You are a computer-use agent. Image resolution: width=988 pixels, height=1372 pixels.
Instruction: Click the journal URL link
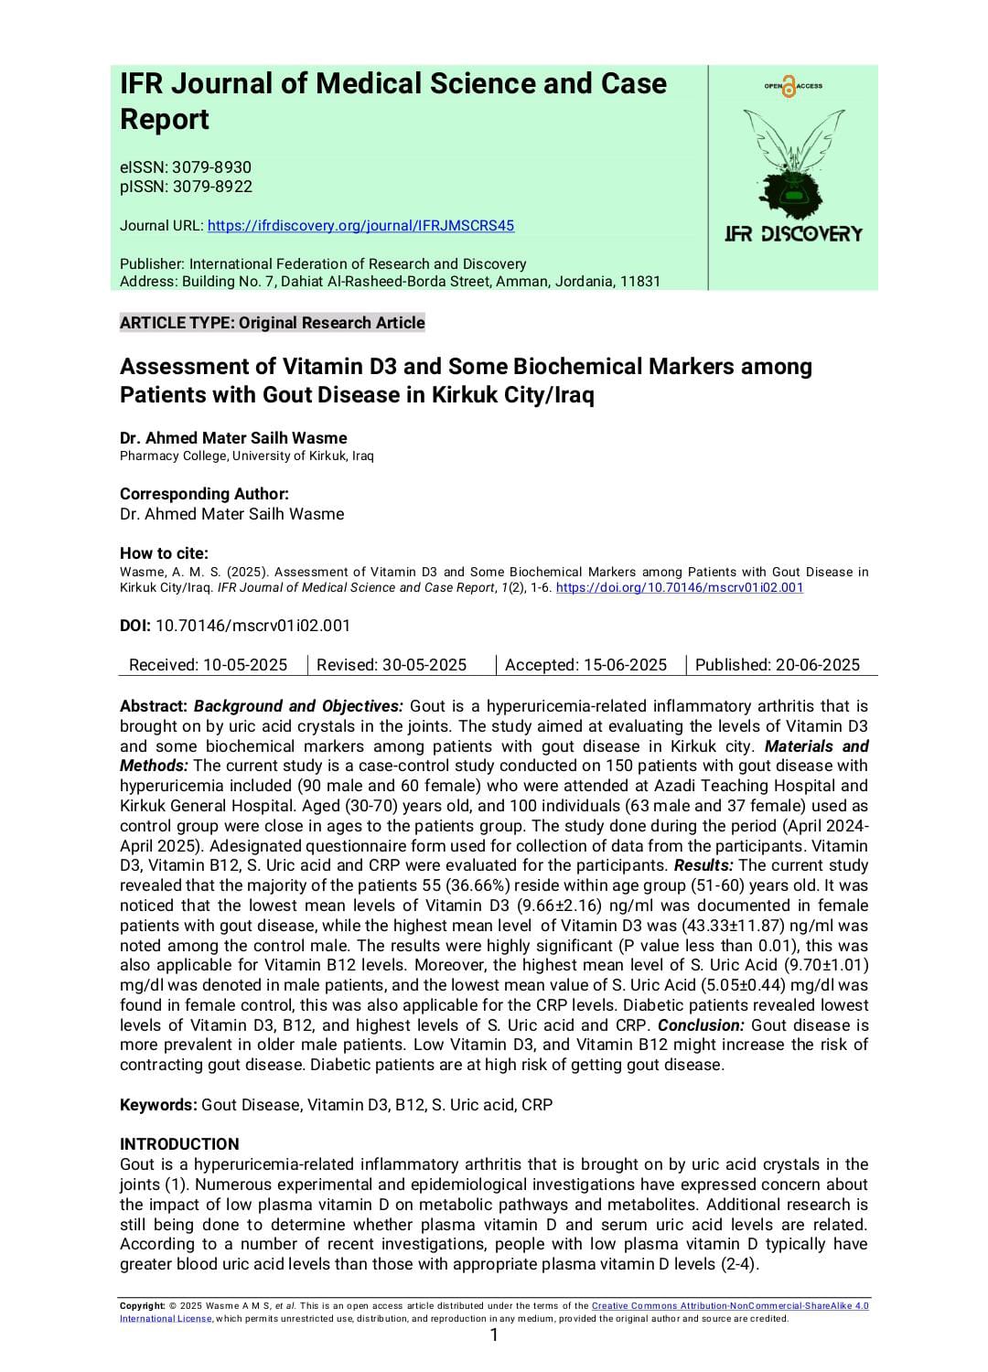[360, 226]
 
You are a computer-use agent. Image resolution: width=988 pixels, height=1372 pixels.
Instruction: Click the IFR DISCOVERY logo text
[793, 234]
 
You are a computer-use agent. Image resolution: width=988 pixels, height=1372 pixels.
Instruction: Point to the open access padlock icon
[789, 87]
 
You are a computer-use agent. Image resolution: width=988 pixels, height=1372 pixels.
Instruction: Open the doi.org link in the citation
[679, 588]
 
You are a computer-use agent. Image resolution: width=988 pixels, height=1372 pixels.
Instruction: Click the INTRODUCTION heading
[179, 1144]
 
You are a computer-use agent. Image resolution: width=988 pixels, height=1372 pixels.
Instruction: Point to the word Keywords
[157, 1105]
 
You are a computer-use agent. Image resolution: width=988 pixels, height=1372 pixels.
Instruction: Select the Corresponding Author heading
[204, 494]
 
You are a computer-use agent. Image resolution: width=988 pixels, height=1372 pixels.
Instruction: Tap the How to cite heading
[164, 553]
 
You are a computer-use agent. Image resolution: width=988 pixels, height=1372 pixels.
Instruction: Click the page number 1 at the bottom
[494, 1336]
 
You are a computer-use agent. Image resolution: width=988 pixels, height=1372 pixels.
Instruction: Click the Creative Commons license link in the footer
[729, 1306]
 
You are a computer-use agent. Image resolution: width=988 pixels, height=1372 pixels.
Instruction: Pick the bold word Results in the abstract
[703, 865]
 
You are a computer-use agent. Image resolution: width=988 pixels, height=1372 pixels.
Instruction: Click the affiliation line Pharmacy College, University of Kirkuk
[247, 456]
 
